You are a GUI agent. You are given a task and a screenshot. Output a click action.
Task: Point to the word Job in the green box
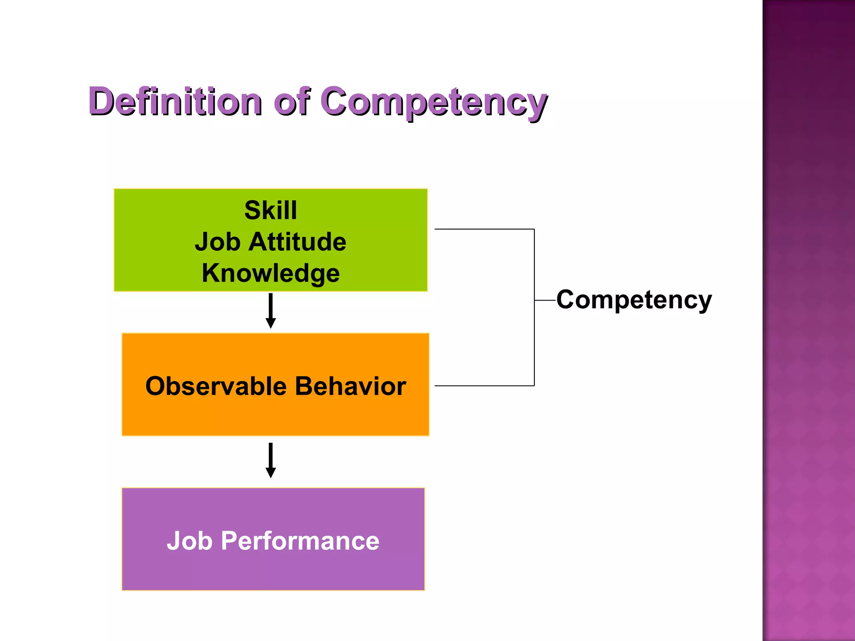point(218,242)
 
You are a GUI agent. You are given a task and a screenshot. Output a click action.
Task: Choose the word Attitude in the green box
point(297,242)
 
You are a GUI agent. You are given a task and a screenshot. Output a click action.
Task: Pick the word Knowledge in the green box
point(271,273)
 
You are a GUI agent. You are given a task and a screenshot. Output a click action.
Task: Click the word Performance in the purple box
point(300,541)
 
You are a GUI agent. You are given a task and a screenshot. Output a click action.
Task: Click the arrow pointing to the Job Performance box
point(271,459)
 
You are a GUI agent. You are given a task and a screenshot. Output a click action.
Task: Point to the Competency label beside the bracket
point(634,300)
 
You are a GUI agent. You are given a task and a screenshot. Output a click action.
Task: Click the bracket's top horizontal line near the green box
point(484,229)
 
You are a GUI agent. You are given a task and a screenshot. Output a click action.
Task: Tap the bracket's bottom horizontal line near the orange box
point(484,386)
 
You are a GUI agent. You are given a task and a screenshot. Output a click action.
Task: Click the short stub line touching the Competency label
point(545,300)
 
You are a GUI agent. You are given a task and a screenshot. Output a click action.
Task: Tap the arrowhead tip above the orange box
point(271,327)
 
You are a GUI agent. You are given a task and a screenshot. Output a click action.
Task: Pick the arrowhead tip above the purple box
point(271,477)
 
